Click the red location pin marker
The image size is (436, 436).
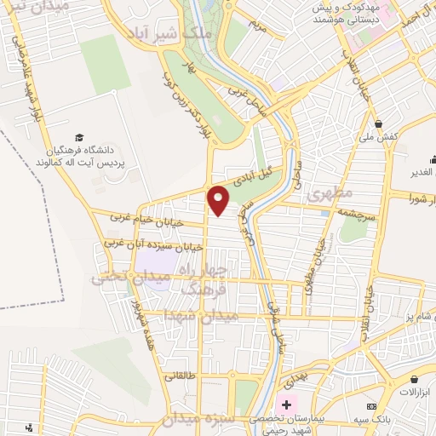click(219, 199)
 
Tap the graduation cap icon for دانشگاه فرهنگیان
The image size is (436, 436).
click(78, 137)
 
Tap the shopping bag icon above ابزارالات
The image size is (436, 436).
click(415, 379)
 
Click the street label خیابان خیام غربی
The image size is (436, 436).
click(141, 219)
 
